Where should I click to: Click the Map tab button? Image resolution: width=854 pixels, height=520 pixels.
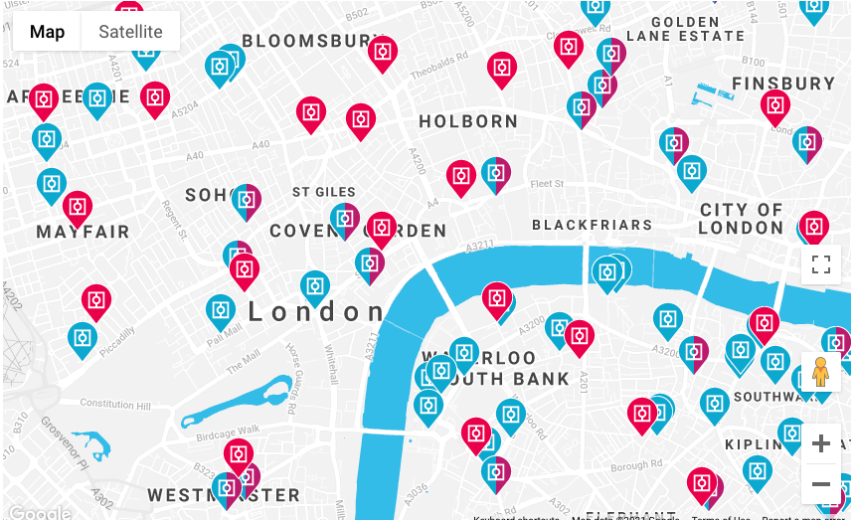[47, 32]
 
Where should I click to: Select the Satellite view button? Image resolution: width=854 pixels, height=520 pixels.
[130, 32]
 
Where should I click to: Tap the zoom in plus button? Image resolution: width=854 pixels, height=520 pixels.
[821, 443]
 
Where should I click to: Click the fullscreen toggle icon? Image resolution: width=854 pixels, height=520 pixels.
[821, 264]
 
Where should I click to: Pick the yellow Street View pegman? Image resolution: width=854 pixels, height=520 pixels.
[820, 372]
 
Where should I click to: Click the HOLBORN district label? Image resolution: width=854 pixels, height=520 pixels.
[468, 122]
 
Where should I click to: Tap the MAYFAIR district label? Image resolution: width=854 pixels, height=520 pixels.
[84, 233]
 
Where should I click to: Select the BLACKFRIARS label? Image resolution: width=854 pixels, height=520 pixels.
[593, 225]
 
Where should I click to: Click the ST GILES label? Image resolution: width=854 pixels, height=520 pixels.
[324, 192]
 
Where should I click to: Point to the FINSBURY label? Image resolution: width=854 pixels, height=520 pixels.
[783, 84]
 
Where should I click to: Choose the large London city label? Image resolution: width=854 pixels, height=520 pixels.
[316, 312]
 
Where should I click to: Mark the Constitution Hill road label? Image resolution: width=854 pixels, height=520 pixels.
[115, 404]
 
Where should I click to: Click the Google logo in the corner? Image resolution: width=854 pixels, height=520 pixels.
[40, 512]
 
